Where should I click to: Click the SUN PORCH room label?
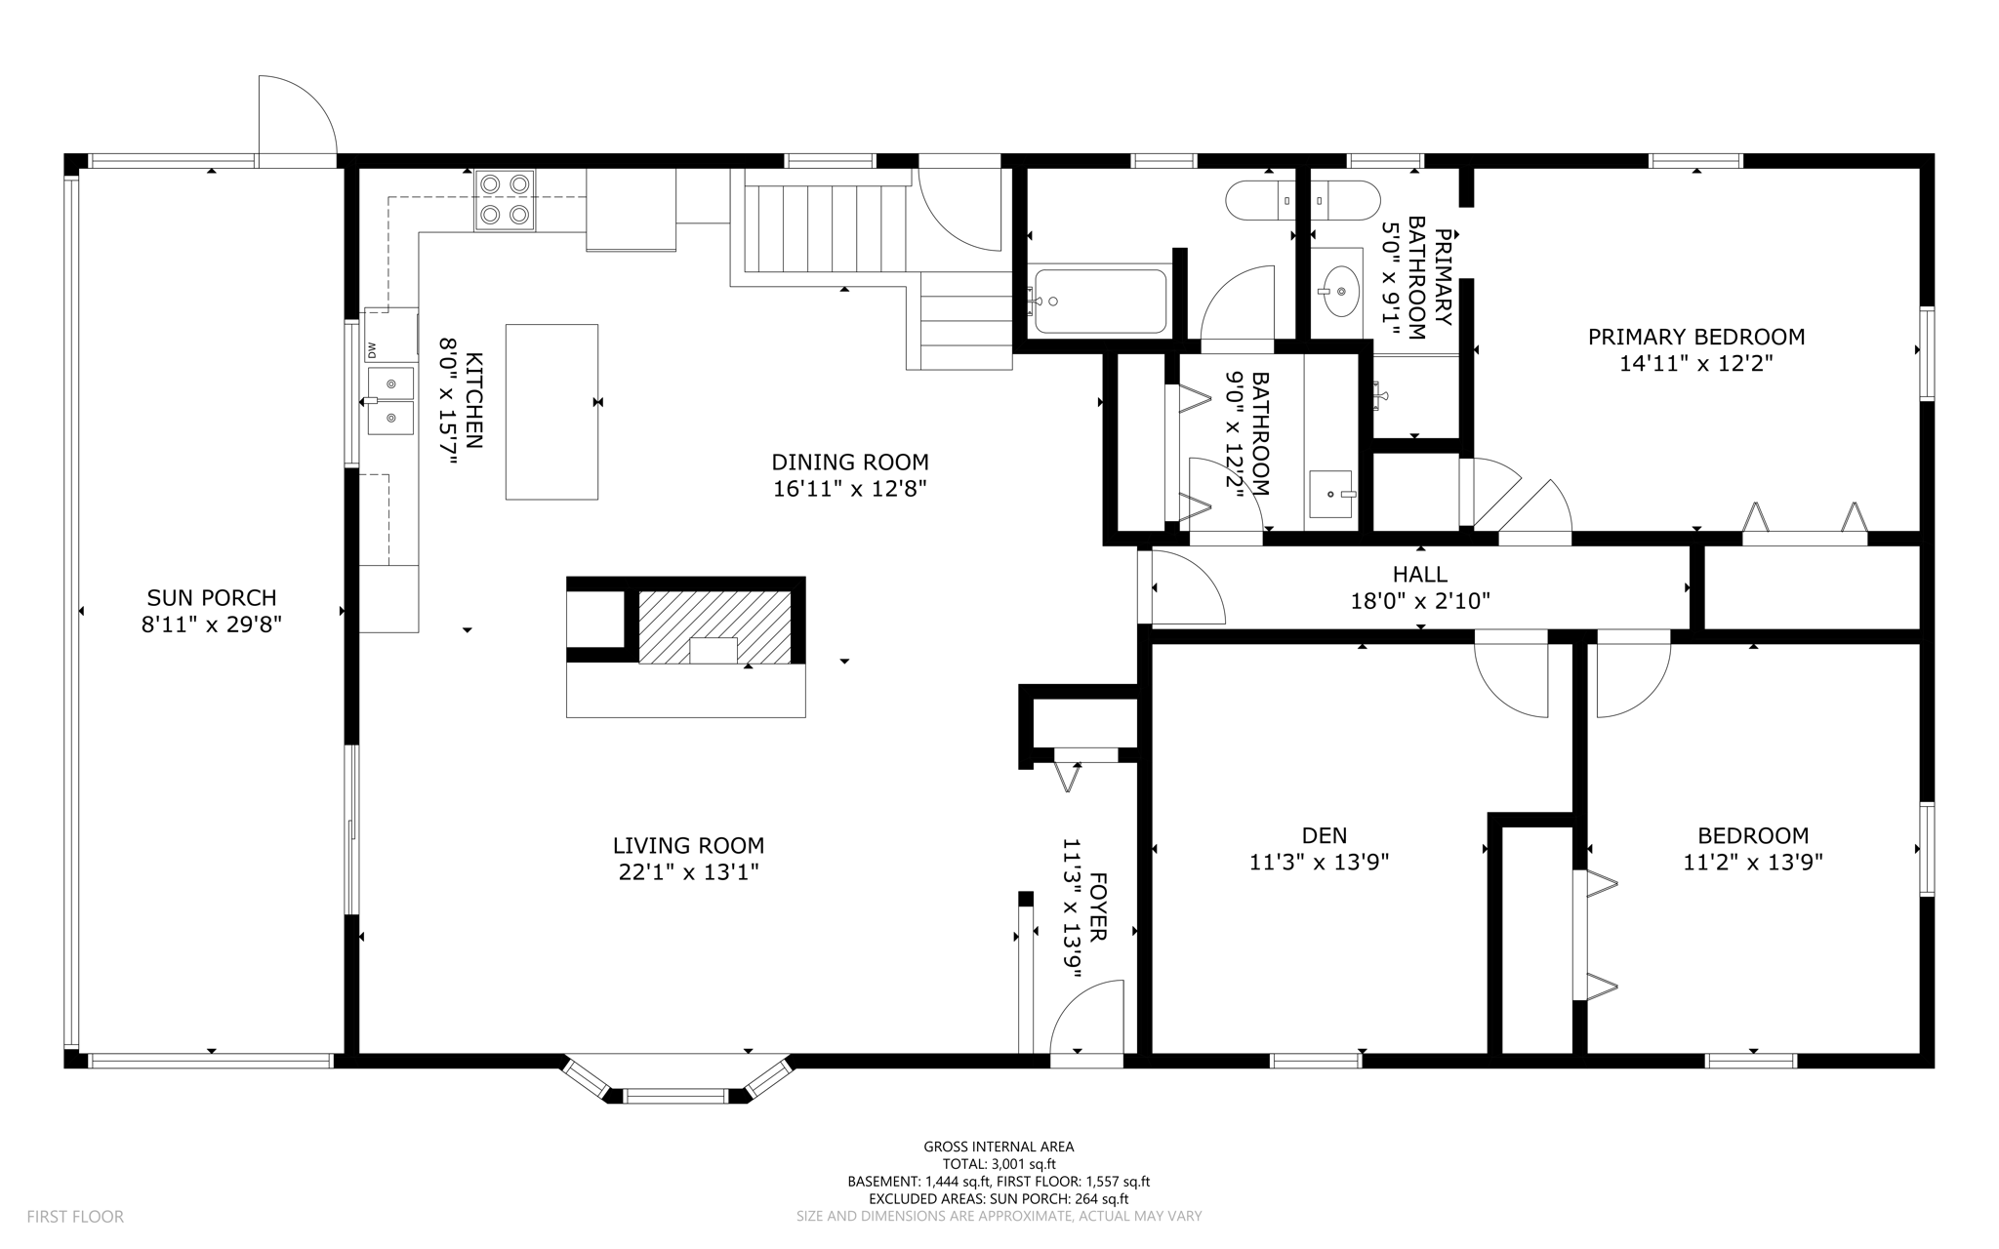[212, 597]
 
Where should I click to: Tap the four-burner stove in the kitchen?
[505, 200]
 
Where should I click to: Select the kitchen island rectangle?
[551, 412]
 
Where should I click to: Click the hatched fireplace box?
[714, 627]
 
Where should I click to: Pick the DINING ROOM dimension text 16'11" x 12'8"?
[849, 489]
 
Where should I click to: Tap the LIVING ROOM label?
[688, 845]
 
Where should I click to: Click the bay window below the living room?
[676, 1079]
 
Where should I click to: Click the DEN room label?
[1325, 835]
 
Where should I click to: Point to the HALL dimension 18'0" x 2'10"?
[1420, 601]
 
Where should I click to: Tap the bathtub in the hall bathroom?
[1100, 301]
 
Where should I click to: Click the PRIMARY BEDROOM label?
[1696, 337]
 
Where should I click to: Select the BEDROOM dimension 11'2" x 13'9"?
[1753, 862]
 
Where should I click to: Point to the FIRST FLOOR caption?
[75, 1217]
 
